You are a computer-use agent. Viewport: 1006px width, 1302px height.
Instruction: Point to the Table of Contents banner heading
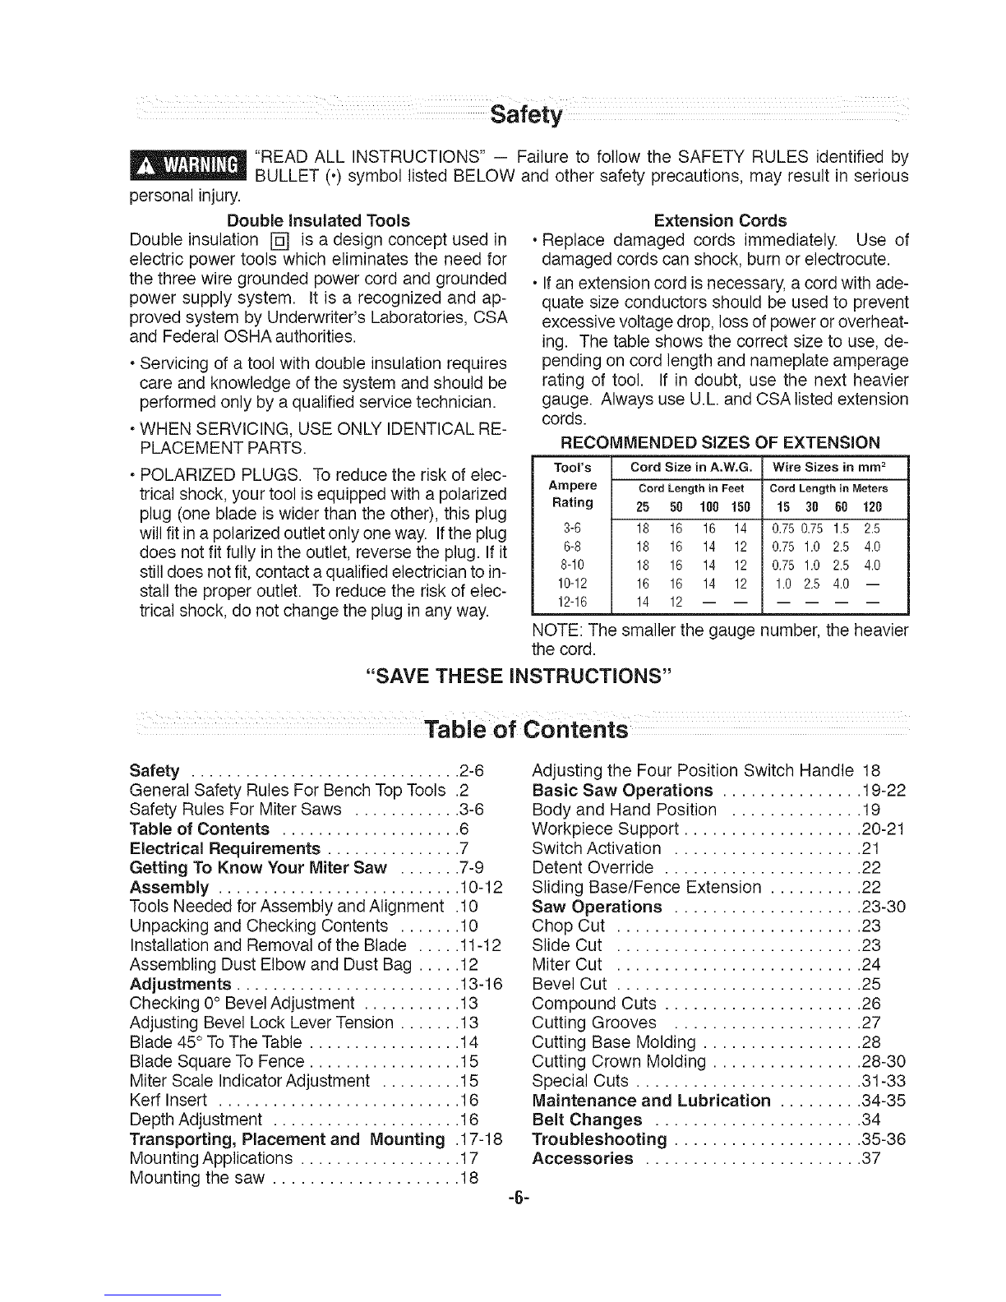[526, 729]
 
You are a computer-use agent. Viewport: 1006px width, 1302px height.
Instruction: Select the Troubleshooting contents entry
[599, 1140]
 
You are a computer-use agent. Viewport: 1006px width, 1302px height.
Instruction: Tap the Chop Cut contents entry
[569, 926]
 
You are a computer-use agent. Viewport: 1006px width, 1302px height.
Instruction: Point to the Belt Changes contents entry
[587, 1120]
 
